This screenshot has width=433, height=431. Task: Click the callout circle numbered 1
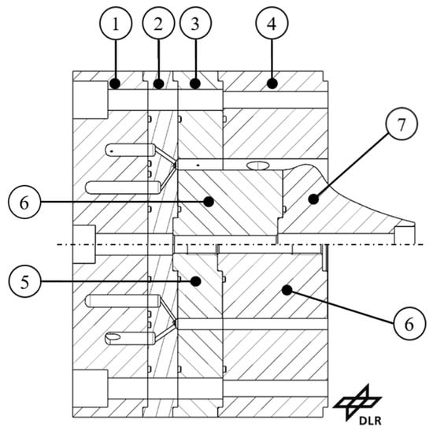[116, 24]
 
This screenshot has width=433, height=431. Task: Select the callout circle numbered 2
[158, 23]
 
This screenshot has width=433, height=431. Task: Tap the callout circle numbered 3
[195, 23]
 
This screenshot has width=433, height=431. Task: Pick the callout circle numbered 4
[272, 23]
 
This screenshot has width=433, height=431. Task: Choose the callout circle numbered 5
[25, 282]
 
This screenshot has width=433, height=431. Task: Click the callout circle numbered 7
[402, 124]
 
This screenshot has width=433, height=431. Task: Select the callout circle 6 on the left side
[24, 202]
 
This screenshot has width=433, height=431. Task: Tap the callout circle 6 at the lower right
[409, 324]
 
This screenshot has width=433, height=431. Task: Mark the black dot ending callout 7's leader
[313, 199]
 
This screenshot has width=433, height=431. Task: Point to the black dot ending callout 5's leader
[196, 281]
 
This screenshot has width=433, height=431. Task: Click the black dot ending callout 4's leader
[272, 84]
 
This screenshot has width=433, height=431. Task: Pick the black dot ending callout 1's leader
[115, 84]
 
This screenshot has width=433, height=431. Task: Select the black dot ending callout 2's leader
[158, 84]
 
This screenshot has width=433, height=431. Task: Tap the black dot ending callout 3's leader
[195, 84]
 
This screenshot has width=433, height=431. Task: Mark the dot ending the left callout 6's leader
[209, 202]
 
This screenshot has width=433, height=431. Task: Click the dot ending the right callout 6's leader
[287, 290]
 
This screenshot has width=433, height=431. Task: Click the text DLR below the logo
[370, 421]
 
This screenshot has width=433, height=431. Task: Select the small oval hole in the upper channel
[257, 166]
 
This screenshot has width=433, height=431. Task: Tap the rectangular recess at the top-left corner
[91, 100]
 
